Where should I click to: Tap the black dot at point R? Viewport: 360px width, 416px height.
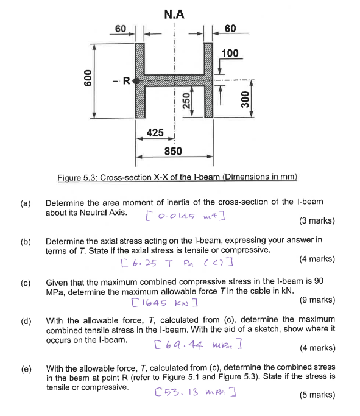click(136, 80)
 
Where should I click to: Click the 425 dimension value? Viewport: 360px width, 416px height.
click(155, 132)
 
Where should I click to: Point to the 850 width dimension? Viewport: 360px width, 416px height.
click(173, 151)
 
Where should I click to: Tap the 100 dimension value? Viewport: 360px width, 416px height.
click(230, 54)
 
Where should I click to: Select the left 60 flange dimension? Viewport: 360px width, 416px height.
click(121, 29)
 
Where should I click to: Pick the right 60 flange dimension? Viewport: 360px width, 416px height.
click(230, 29)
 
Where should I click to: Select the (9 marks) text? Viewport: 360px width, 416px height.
click(317, 300)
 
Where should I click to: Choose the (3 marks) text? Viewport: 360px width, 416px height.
click(317, 221)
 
